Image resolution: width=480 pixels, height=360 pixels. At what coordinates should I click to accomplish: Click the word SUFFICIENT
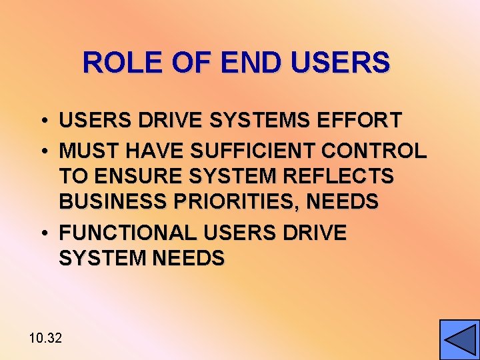pyautogui.click(x=253, y=151)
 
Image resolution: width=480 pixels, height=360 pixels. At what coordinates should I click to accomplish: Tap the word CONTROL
pyautogui.click(x=373, y=151)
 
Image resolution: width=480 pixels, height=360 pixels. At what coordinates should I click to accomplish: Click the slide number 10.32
pyautogui.click(x=45, y=338)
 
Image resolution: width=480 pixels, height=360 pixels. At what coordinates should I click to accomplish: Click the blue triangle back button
pyautogui.click(x=459, y=339)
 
